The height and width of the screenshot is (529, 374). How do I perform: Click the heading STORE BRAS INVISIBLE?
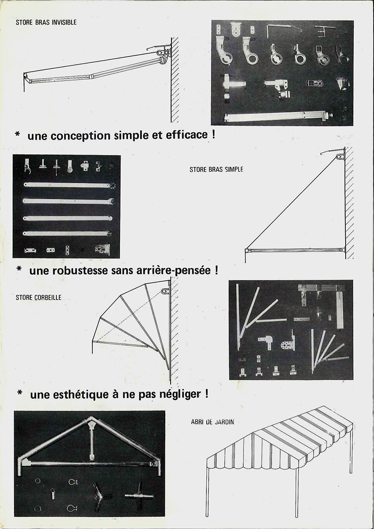(x=46, y=23)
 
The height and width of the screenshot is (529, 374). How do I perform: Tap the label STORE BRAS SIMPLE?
(x=216, y=170)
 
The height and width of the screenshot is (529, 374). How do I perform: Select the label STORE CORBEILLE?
(x=39, y=298)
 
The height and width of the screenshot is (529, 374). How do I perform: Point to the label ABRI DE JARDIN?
(x=212, y=422)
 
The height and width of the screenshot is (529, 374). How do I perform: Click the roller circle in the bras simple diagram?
(x=338, y=157)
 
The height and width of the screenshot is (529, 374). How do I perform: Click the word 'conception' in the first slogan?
(x=82, y=136)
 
